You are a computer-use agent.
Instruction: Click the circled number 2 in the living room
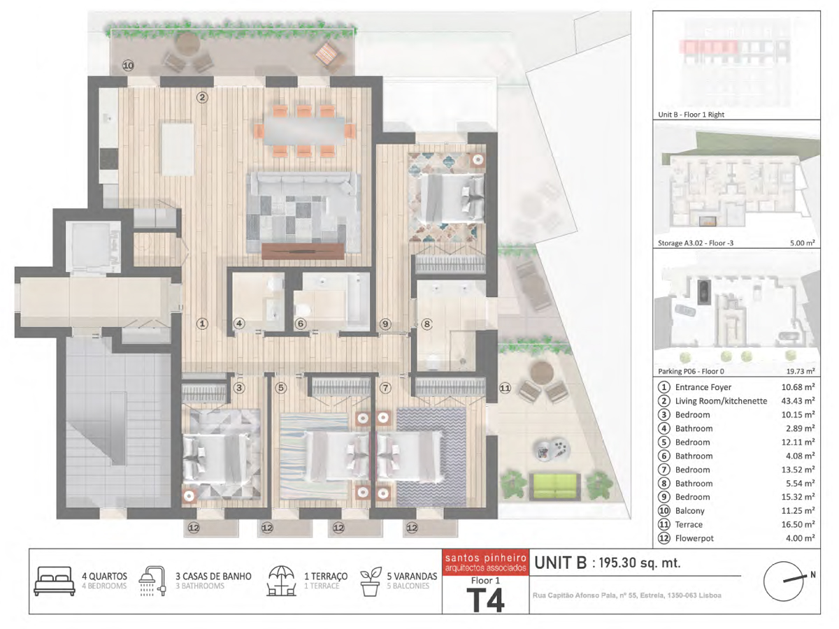tap(202, 97)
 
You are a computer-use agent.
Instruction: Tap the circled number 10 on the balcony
tap(128, 65)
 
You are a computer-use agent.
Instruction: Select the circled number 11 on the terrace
tap(505, 389)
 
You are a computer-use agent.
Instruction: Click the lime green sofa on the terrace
tap(554, 486)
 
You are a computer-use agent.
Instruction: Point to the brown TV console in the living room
tap(303, 252)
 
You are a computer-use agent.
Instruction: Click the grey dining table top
tap(304, 131)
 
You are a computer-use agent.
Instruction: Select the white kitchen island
tap(178, 149)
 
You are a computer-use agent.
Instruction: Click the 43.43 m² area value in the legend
tap(798, 400)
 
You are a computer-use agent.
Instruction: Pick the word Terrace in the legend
tap(689, 524)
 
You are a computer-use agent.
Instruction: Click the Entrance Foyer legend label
tap(703, 387)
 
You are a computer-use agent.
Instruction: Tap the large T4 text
tap(485, 600)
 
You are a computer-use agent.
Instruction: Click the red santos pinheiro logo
tap(485, 563)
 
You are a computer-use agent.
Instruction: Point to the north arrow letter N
tap(812, 574)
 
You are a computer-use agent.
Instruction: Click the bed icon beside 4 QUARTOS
tap(55, 581)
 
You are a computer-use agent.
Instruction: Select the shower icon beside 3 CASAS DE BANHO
tap(152, 581)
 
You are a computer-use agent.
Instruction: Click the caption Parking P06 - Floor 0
tap(691, 371)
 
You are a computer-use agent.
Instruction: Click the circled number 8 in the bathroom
tap(426, 324)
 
